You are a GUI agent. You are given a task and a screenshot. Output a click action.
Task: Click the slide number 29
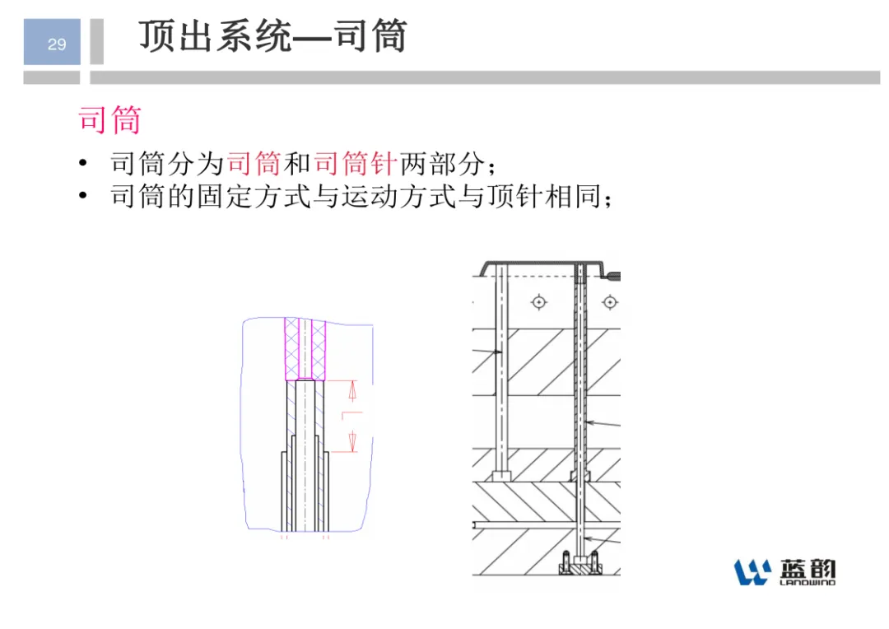click(57, 44)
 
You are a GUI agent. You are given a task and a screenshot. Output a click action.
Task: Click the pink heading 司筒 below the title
click(109, 119)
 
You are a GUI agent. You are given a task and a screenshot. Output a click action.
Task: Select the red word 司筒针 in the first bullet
click(355, 164)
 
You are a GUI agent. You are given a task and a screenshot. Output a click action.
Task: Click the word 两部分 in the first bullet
click(443, 164)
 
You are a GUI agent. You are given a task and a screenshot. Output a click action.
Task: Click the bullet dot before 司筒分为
click(83, 164)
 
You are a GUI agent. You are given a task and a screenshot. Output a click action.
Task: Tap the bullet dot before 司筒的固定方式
click(83, 196)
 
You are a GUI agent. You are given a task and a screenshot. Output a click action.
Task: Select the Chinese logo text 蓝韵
click(808, 569)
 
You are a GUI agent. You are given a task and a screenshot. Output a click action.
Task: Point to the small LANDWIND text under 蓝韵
click(808, 583)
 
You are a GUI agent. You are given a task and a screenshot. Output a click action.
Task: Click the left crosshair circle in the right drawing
click(538, 302)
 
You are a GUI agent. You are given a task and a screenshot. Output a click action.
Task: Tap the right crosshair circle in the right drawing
click(610, 302)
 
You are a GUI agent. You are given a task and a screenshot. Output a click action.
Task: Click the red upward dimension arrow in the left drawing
click(352, 391)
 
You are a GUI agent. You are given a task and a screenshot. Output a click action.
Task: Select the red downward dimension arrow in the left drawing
click(352, 441)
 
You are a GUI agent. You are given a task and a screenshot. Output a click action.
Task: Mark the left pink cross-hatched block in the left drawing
click(291, 349)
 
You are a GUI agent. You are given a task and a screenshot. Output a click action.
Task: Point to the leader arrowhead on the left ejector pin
click(499, 352)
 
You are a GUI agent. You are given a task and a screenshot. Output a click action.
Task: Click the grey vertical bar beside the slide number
click(97, 41)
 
